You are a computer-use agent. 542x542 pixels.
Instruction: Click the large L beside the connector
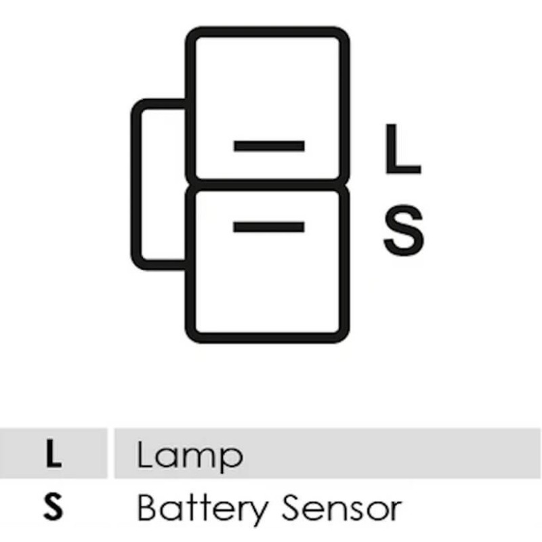403,148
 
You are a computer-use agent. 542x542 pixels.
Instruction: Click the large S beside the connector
404,230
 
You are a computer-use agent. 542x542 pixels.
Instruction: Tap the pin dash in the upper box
269,146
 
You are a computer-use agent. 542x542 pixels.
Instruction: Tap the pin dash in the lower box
269,227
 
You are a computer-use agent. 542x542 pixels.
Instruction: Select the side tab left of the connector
160,184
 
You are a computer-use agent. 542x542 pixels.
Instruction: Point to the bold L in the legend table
54,453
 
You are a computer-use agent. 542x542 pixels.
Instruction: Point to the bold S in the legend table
54,506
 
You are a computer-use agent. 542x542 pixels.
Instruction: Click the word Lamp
190,456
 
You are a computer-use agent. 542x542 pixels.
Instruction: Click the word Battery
203,509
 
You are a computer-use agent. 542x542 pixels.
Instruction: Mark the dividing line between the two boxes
268,185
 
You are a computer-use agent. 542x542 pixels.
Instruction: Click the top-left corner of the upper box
190,31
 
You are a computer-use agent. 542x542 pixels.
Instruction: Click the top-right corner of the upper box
345,31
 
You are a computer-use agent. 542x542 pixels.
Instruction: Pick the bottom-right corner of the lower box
345,339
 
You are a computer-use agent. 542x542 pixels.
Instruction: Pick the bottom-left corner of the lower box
190,339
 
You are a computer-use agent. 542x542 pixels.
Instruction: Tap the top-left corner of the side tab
135,104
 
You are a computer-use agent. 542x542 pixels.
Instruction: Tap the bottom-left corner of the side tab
135,266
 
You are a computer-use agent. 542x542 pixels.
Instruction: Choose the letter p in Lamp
231,459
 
